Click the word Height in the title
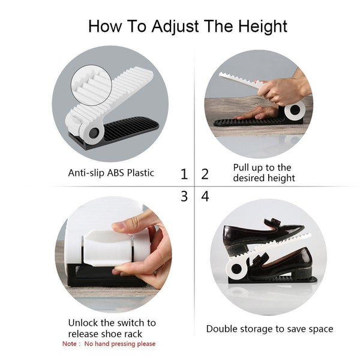[262, 27]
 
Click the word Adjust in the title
[175, 26]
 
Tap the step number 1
[184, 174]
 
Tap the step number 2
[205, 174]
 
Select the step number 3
[184, 197]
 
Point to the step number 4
[205, 197]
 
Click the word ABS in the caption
[116, 173]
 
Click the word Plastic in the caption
[140, 173]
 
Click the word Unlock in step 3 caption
[83, 323]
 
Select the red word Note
[70, 344]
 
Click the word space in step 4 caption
[321, 329]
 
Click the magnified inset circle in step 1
[92, 85]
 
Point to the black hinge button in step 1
[94, 133]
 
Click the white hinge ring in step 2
[295, 110]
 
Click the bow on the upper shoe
[273, 222]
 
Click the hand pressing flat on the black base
[256, 113]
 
